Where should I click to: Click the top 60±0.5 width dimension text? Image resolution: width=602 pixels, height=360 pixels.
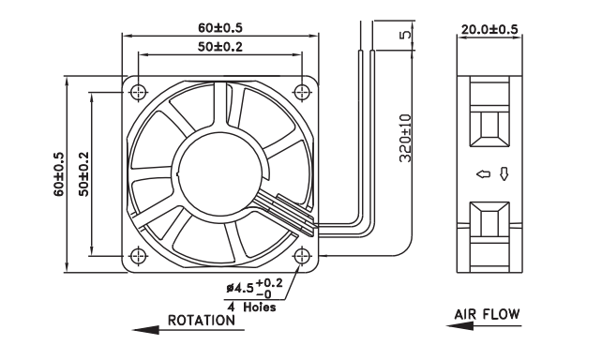pyautogui.click(x=220, y=27)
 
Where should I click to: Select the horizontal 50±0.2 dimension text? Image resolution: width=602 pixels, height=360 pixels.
pyautogui.click(x=220, y=47)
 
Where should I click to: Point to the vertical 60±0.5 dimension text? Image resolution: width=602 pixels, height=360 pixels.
pyautogui.click(x=59, y=174)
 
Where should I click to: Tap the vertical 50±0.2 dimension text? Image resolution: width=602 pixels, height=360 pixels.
pyautogui.click(x=83, y=174)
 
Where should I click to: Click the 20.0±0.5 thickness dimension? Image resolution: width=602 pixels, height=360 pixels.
pyautogui.click(x=489, y=29)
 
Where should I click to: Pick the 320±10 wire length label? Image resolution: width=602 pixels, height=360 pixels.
pyautogui.click(x=405, y=138)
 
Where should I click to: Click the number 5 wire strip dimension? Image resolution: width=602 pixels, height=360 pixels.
pyautogui.click(x=405, y=35)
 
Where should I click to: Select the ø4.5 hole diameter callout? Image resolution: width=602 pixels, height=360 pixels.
pyautogui.click(x=254, y=288)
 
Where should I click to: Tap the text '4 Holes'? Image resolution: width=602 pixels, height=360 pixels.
pyautogui.click(x=252, y=307)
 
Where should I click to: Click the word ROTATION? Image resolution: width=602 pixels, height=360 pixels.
pyautogui.click(x=202, y=320)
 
